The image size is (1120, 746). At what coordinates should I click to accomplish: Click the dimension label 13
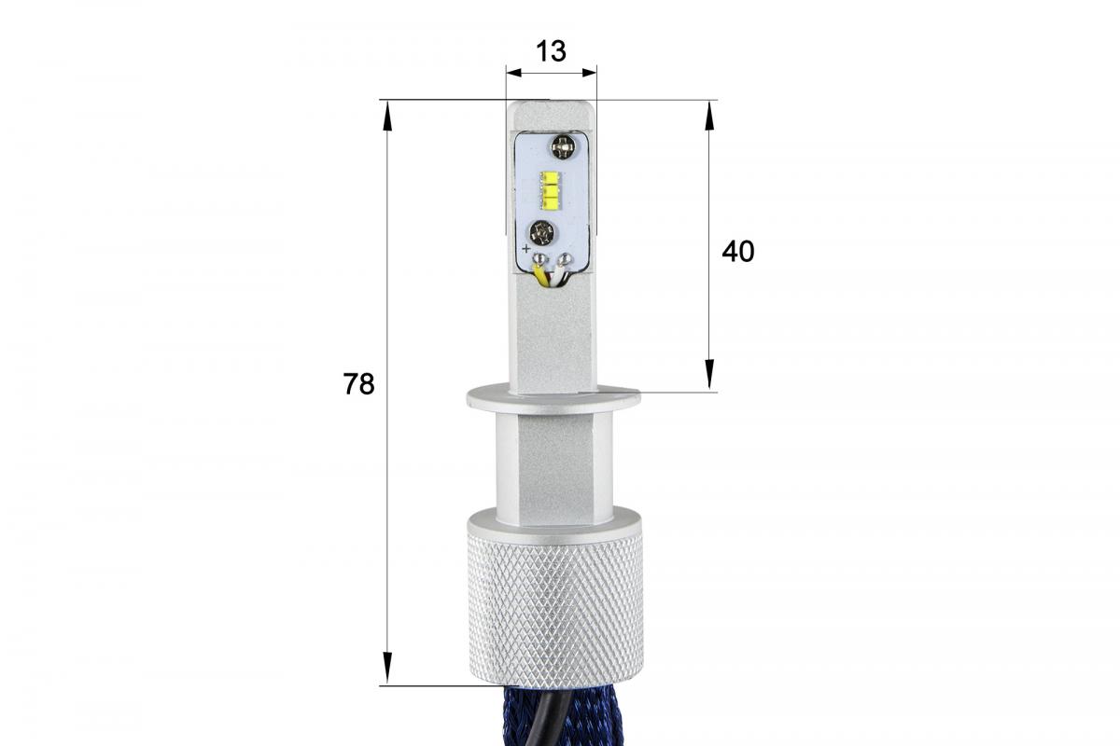(551, 51)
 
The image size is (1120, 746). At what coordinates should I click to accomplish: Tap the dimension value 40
(738, 252)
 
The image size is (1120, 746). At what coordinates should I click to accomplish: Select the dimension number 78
(358, 384)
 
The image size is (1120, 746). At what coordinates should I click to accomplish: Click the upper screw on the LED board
(563, 147)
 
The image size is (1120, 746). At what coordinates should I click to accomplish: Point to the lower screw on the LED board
(542, 233)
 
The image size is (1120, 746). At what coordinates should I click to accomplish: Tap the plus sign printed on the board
(526, 248)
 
